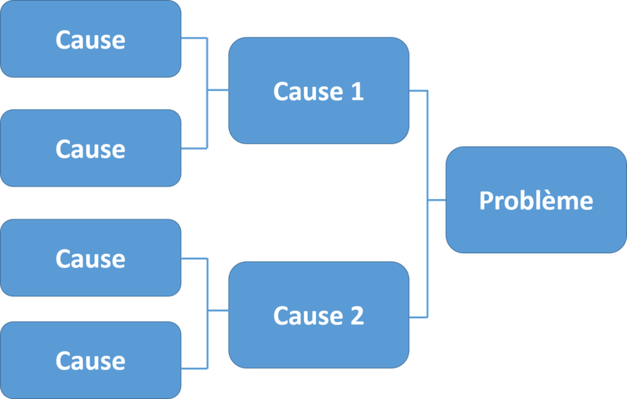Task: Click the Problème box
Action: click(x=536, y=200)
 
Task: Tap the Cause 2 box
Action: click(x=318, y=315)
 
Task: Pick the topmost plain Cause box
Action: click(x=90, y=39)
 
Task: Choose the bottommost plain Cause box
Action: click(x=90, y=360)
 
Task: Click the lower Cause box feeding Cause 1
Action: click(x=90, y=148)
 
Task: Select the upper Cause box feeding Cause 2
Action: click(x=90, y=258)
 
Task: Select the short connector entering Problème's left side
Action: click(x=437, y=201)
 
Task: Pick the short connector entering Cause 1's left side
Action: click(x=218, y=91)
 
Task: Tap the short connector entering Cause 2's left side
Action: click(x=218, y=311)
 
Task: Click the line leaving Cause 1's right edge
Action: click(x=419, y=92)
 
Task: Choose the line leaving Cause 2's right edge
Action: click(x=419, y=316)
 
